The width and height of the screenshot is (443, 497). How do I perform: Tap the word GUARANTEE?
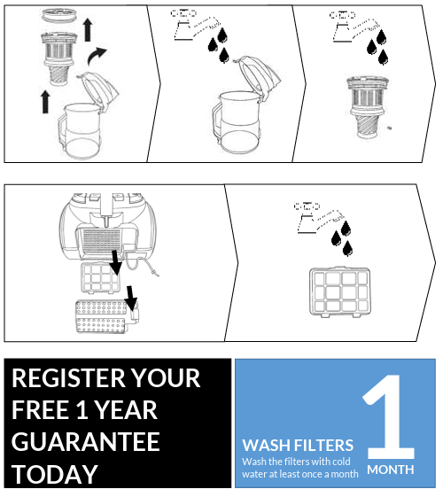pos(86,442)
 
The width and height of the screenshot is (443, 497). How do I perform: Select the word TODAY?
pos(55,474)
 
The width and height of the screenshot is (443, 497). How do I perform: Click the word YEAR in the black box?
pos(126,410)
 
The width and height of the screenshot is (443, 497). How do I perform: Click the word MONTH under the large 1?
pos(391,470)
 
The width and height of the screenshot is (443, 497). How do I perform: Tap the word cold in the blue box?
pos(339,462)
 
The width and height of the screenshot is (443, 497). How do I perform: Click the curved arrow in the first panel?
pos(96,56)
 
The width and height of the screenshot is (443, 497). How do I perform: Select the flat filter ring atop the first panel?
pos(59,15)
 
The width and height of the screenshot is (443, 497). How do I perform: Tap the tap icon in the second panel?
pos(196,26)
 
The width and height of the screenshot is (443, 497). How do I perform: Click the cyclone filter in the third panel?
pos(368,106)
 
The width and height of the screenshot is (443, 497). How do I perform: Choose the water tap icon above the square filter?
pos(320,217)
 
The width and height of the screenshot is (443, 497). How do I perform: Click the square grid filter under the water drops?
pos(340,292)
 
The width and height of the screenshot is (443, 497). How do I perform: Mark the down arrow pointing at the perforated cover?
pos(130,298)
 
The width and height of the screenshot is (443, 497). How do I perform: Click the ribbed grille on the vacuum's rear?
pos(101,239)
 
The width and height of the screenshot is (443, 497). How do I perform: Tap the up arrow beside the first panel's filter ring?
pos(88,29)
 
